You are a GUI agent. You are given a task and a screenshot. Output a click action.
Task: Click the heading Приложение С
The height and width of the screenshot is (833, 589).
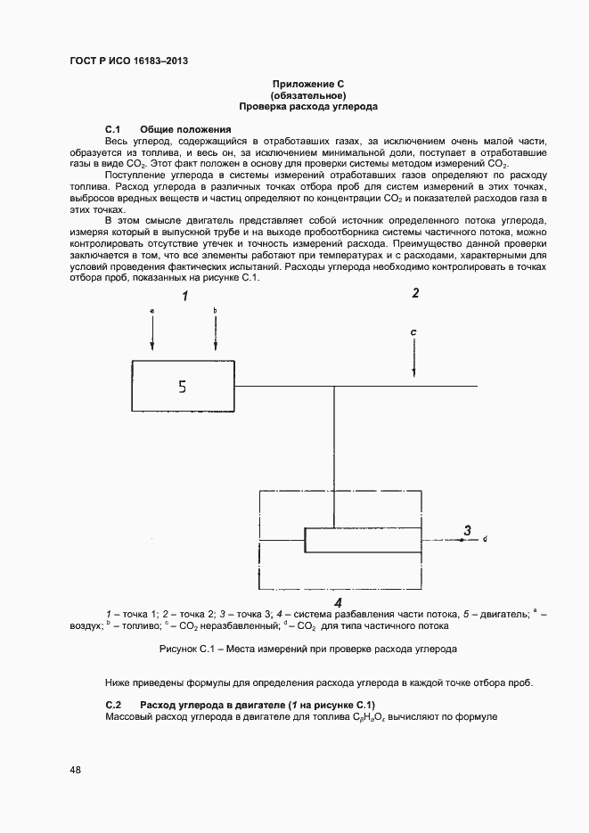click(x=307, y=83)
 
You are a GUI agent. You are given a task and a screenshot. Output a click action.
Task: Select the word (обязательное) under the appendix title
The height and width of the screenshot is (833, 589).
click(x=307, y=94)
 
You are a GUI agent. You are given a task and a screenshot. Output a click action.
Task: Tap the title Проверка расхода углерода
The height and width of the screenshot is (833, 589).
click(x=307, y=106)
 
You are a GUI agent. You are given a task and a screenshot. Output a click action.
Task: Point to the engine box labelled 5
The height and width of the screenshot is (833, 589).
click(x=183, y=387)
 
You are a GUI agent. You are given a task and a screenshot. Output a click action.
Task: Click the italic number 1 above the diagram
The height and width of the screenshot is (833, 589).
click(x=185, y=297)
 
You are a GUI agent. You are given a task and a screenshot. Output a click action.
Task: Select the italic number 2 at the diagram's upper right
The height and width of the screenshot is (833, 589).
click(x=415, y=293)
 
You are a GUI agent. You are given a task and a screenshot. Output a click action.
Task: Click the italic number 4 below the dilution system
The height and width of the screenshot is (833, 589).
click(x=338, y=603)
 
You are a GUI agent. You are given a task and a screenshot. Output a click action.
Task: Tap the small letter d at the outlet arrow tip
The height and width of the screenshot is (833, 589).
click(x=484, y=540)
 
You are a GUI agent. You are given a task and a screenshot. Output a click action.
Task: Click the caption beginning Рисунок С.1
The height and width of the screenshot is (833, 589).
click(x=307, y=649)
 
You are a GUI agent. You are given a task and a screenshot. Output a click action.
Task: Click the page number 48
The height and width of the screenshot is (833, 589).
click(x=76, y=770)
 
